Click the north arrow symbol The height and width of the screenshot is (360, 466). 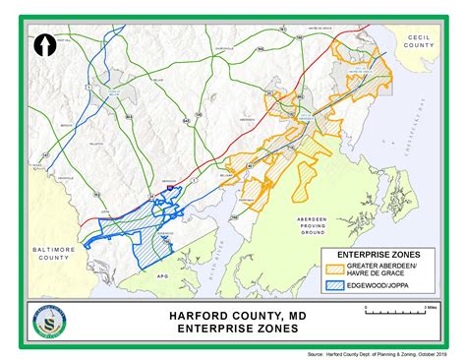[43, 43]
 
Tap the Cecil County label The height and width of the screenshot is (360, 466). [419, 39]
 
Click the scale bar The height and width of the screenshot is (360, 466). [393, 312]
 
